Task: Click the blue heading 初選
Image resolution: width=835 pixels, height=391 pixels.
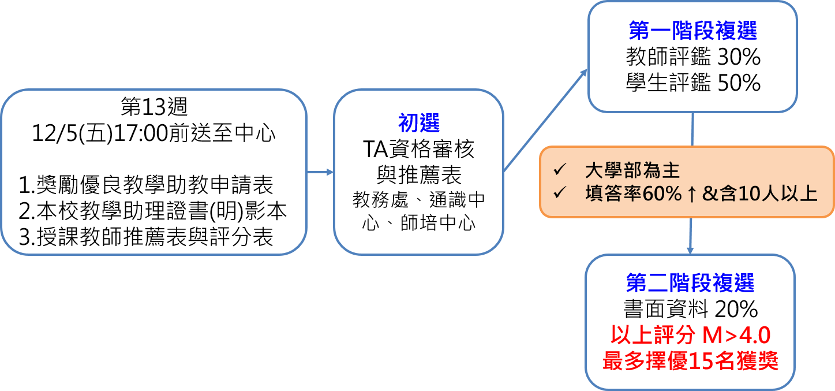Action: (418, 122)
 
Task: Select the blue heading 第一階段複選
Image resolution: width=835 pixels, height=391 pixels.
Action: (692, 31)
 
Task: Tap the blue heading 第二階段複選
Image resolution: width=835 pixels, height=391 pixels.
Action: (690, 283)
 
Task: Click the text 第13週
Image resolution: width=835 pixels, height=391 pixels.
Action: (154, 106)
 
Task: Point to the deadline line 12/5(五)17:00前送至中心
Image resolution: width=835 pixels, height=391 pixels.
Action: (154, 133)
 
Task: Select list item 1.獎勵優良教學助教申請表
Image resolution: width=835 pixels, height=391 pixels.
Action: (146, 185)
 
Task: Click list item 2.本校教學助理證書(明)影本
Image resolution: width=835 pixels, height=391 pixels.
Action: (152, 211)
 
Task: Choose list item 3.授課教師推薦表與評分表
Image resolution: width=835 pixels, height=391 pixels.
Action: (146, 237)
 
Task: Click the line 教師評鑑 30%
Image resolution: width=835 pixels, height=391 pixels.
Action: (693, 57)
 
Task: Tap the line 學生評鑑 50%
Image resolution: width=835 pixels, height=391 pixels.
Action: (693, 84)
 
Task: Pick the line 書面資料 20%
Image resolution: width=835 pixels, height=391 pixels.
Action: (690, 310)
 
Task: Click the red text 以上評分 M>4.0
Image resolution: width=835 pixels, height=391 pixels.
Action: (690, 336)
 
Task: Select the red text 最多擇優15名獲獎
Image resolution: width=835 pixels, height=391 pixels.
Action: (690, 362)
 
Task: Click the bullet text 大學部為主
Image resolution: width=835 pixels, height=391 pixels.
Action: (632, 170)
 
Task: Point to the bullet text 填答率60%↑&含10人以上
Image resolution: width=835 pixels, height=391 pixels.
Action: (701, 193)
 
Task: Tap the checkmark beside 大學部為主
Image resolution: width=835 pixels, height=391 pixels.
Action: (559, 170)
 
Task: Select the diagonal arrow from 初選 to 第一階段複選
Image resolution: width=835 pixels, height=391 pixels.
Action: (545, 121)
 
